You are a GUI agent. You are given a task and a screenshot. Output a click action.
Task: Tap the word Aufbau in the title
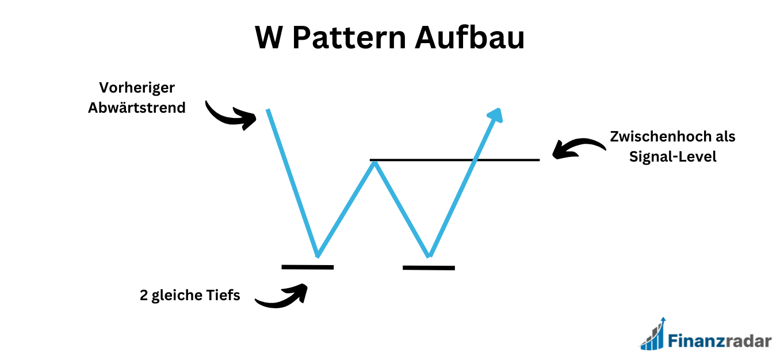pyautogui.click(x=469, y=39)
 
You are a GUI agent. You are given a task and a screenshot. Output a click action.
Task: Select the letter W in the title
pyautogui.click(x=270, y=39)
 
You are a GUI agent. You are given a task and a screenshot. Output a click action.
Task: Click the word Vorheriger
pyautogui.click(x=137, y=88)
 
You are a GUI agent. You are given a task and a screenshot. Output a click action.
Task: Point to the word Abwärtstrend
pyautogui.click(x=137, y=107)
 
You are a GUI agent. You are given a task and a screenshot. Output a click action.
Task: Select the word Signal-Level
pyautogui.click(x=673, y=156)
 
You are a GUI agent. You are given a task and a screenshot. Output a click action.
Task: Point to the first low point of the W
pyautogui.click(x=317, y=255)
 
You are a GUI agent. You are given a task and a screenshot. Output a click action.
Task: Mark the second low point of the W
pyautogui.click(x=429, y=255)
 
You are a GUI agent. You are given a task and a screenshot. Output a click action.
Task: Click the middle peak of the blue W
pyautogui.click(x=374, y=163)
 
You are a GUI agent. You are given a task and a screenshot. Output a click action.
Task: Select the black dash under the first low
pyautogui.click(x=308, y=267)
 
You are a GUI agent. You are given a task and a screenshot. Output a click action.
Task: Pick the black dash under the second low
pyautogui.click(x=429, y=267)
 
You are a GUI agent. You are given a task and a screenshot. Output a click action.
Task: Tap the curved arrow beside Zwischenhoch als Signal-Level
pyautogui.click(x=578, y=148)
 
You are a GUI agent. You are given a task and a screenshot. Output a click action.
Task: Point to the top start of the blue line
pyautogui.click(x=268, y=110)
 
